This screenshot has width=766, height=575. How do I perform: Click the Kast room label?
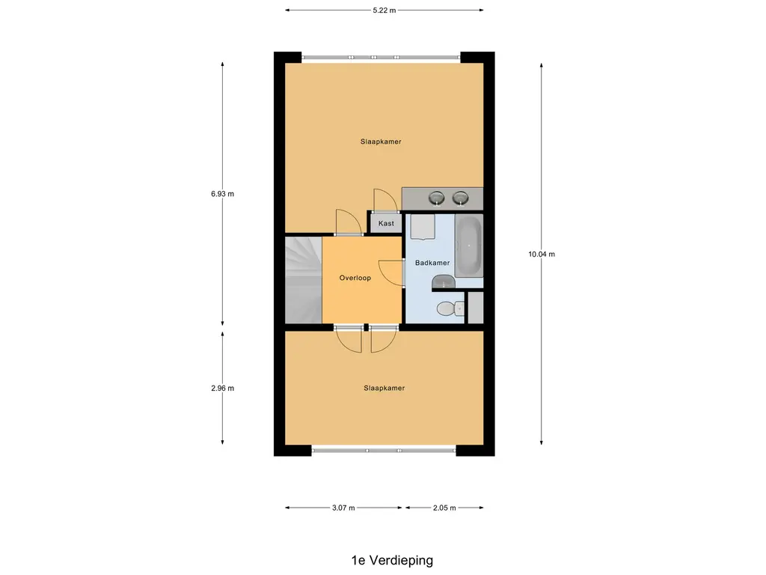(x=386, y=223)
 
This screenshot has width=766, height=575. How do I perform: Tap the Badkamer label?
(x=432, y=263)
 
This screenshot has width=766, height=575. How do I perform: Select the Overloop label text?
(x=355, y=278)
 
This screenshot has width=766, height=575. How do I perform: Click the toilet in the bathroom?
(x=450, y=308)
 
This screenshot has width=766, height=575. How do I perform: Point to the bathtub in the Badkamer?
(x=469, y=246)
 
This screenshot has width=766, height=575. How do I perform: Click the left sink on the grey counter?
(x=436, y=198)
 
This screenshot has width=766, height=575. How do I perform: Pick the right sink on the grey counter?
(x=460, y=198)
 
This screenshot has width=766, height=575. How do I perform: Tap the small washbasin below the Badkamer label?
(x=444, y=282)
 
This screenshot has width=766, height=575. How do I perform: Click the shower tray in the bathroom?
(x=423, y=227)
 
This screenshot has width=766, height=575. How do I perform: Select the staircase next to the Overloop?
(x=304, y=280)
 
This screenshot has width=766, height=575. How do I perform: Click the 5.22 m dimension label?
(x=384, y=10)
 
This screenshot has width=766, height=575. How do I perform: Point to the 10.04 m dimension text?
(x=542, y=254)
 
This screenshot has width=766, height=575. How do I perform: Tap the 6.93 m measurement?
(x=222, y=194)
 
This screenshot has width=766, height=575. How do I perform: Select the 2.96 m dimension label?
(x=222, y=389)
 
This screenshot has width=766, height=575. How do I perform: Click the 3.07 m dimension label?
(x=343, y=508)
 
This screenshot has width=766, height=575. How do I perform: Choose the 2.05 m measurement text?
(x=444, y=508)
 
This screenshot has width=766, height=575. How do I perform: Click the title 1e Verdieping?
(x=392, y=560)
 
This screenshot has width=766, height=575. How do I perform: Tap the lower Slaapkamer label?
(x=384, y=389)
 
